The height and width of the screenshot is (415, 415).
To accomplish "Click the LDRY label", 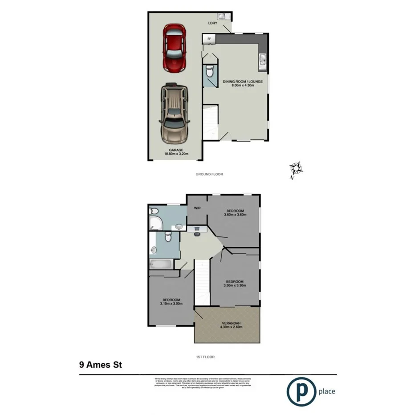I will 212,24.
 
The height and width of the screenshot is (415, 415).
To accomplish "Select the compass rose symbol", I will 295,170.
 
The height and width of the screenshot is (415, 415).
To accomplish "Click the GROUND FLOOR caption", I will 209,174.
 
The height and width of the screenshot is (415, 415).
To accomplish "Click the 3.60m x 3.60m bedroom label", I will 235,212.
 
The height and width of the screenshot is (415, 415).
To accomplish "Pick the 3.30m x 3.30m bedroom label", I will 234,284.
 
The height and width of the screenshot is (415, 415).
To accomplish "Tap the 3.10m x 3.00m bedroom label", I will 171,302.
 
